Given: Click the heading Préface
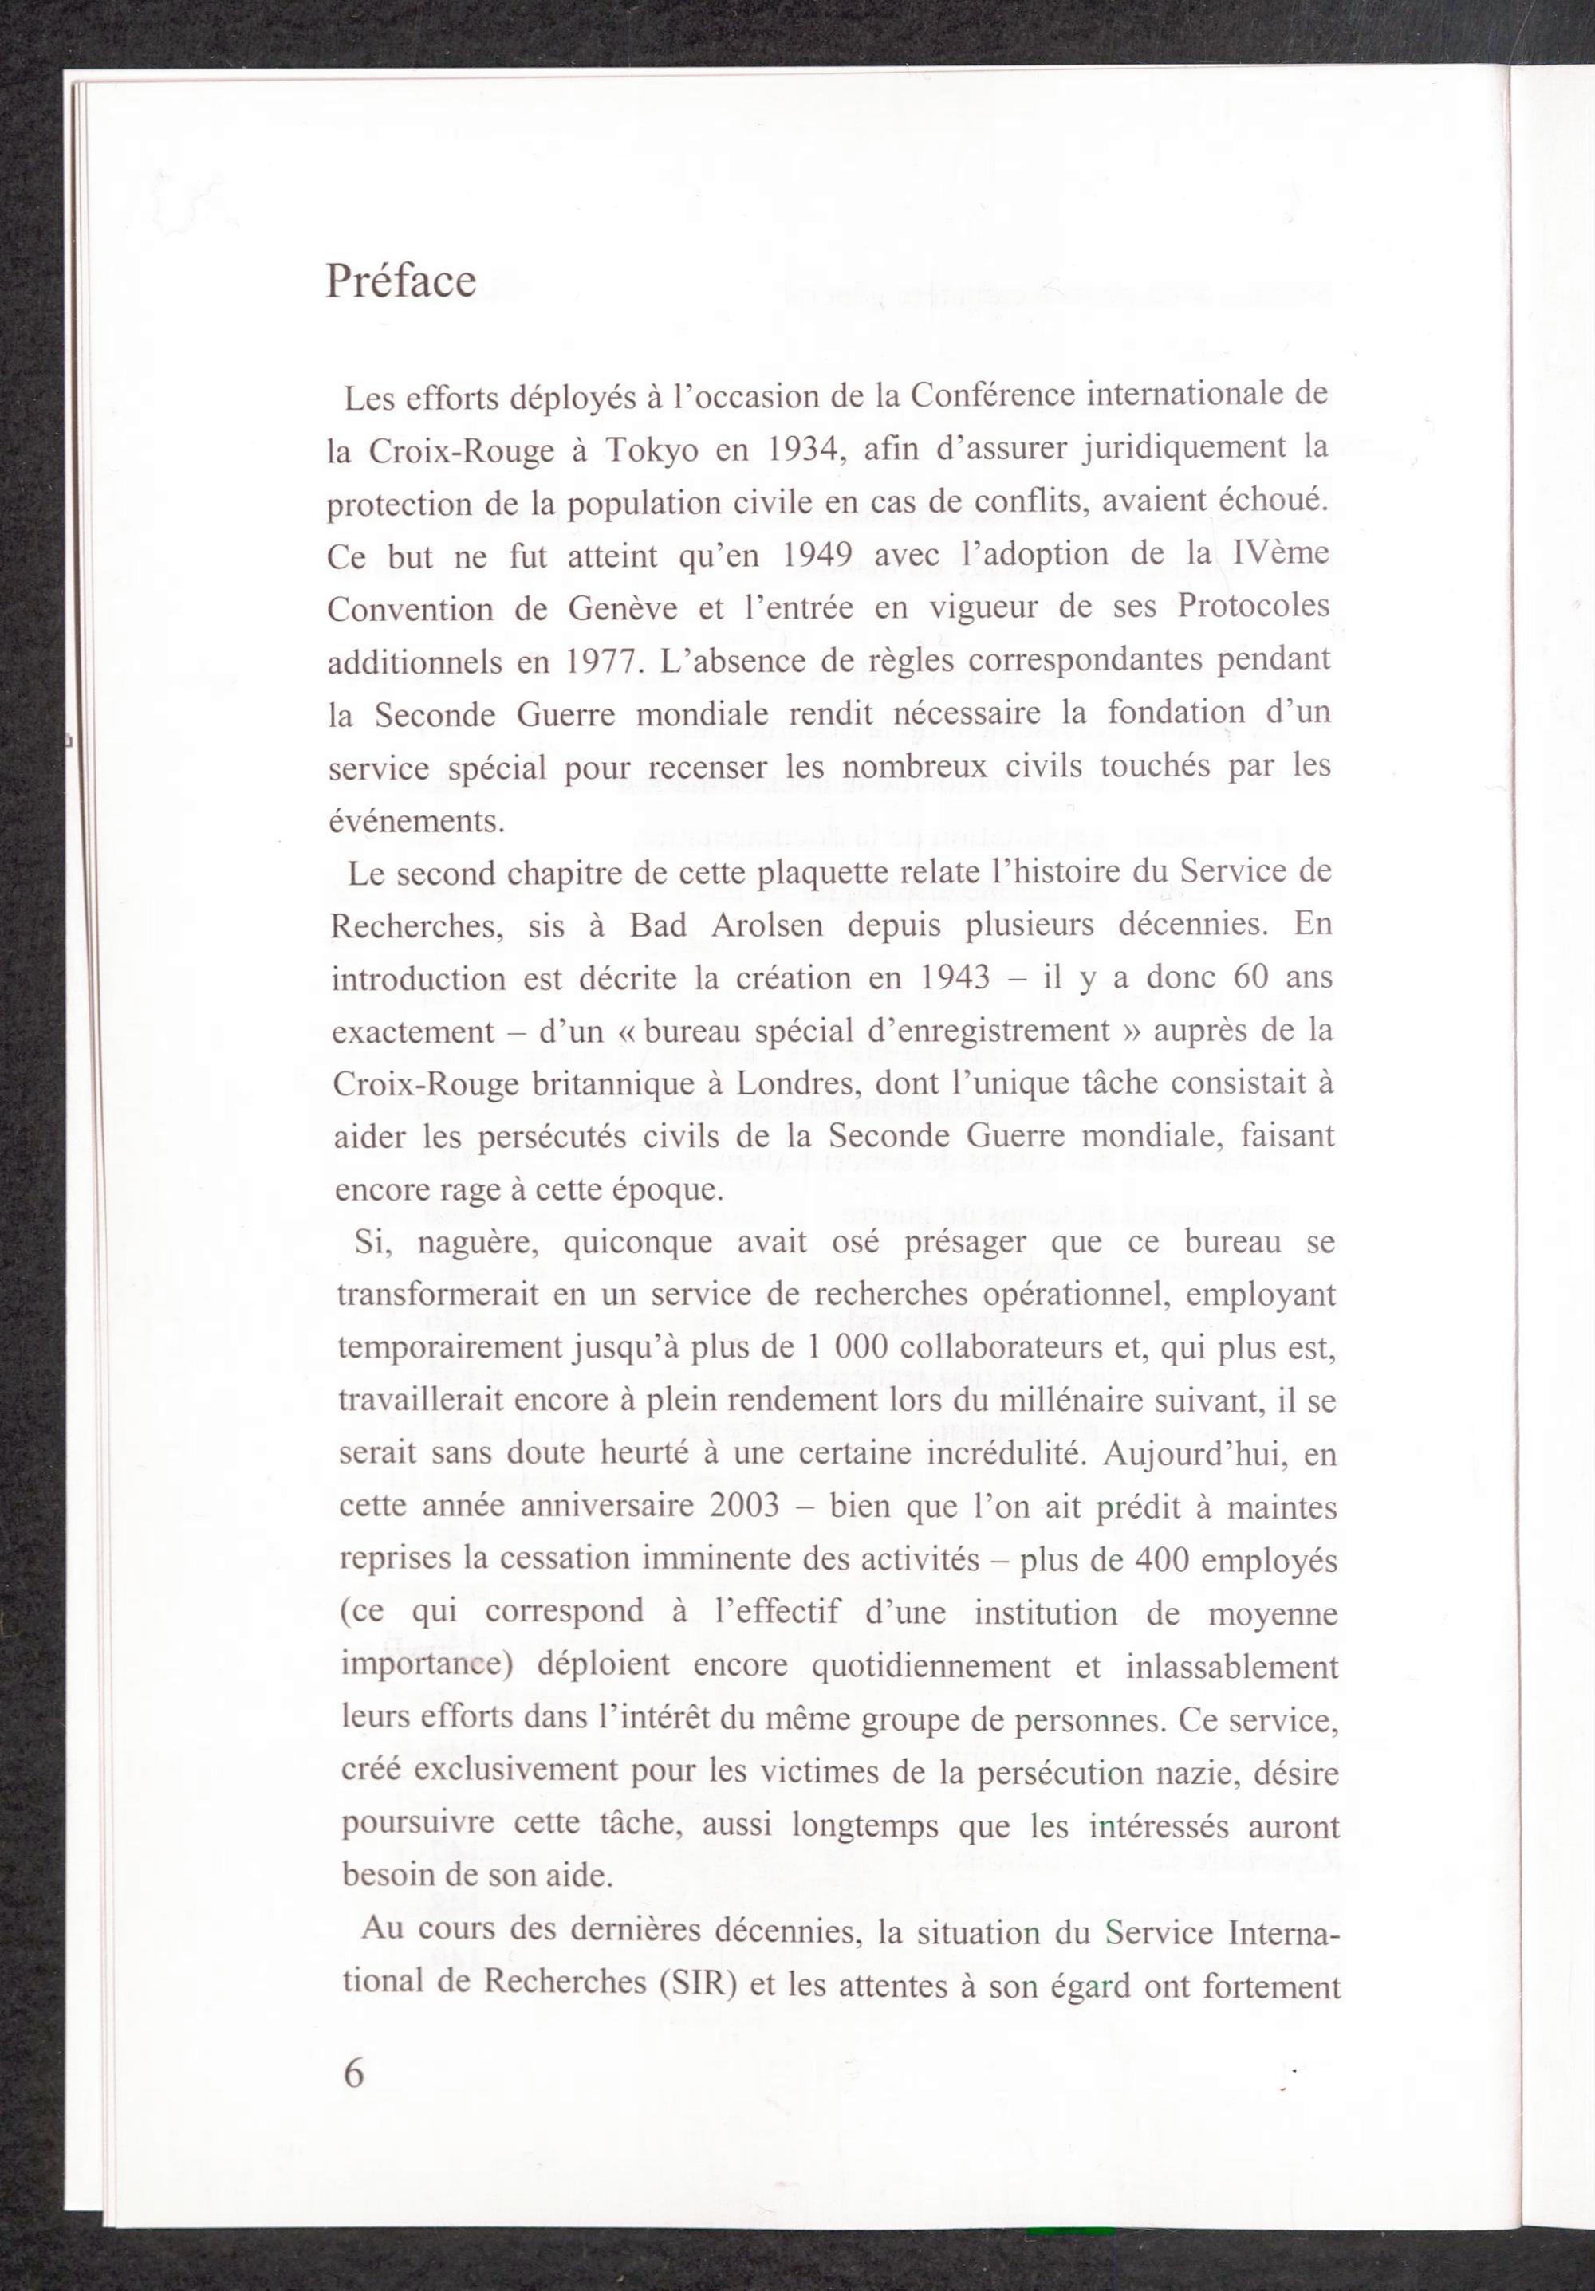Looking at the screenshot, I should pyautogui.click(x=400, y=281).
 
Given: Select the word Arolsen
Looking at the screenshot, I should pyautogui.click(x=769, y=926).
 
